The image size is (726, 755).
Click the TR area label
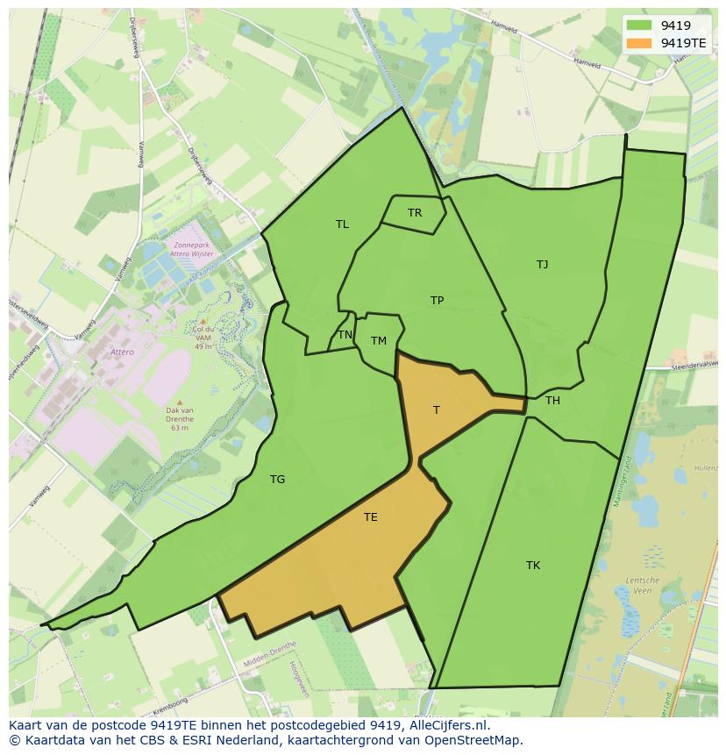click(x=415, y=213)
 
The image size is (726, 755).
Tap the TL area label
click(x=342, y=224)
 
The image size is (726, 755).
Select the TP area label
click(x=437, y=301)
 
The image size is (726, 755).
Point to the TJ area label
click(x=542, y=264)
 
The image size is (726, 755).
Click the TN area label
click(x=345, y=335)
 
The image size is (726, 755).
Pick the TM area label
click(x=378, y=341)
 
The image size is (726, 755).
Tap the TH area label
click(x=552, y=401)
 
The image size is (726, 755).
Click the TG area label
click(x=277, y=480)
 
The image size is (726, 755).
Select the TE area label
click(x=370, y=517)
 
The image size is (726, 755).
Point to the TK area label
click(x=533, y=566)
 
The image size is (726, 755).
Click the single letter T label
click(x=437, y=410)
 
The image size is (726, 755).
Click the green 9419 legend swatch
click(x=640, y=25)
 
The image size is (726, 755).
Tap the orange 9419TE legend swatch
click(x=640, y=42)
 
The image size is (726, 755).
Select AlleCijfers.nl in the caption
click(x=446, y=725)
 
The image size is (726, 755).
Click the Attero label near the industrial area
click(x=122, y=352)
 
